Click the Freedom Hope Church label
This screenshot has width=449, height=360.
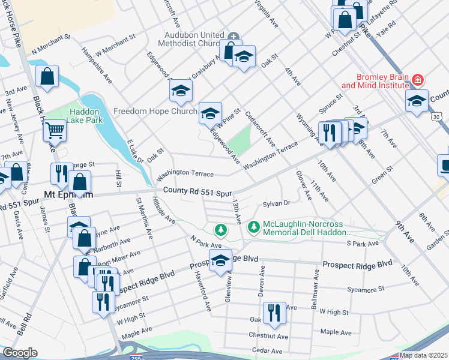(155, 111)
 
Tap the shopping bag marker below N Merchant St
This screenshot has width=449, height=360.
(47, 76)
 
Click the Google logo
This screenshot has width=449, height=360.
(19, 352)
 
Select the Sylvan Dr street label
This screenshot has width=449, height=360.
(277, 204)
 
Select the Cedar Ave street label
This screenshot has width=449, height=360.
(267, 351)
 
